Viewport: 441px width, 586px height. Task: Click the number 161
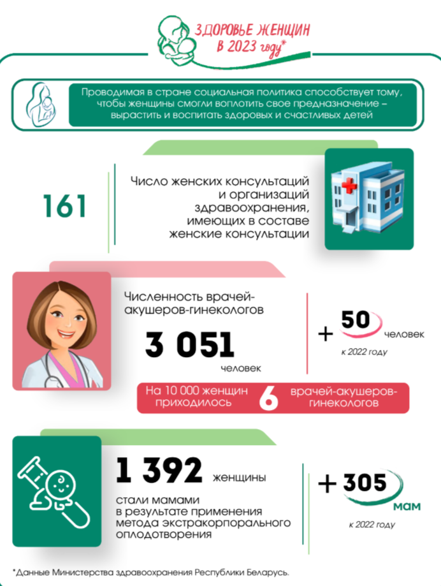[64, 207]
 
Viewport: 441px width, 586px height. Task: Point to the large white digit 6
[268, 397]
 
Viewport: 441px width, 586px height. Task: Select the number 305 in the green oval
[365, 483]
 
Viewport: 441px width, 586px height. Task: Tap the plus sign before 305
[326, 485]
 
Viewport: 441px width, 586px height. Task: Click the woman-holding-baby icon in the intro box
[41, 102]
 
